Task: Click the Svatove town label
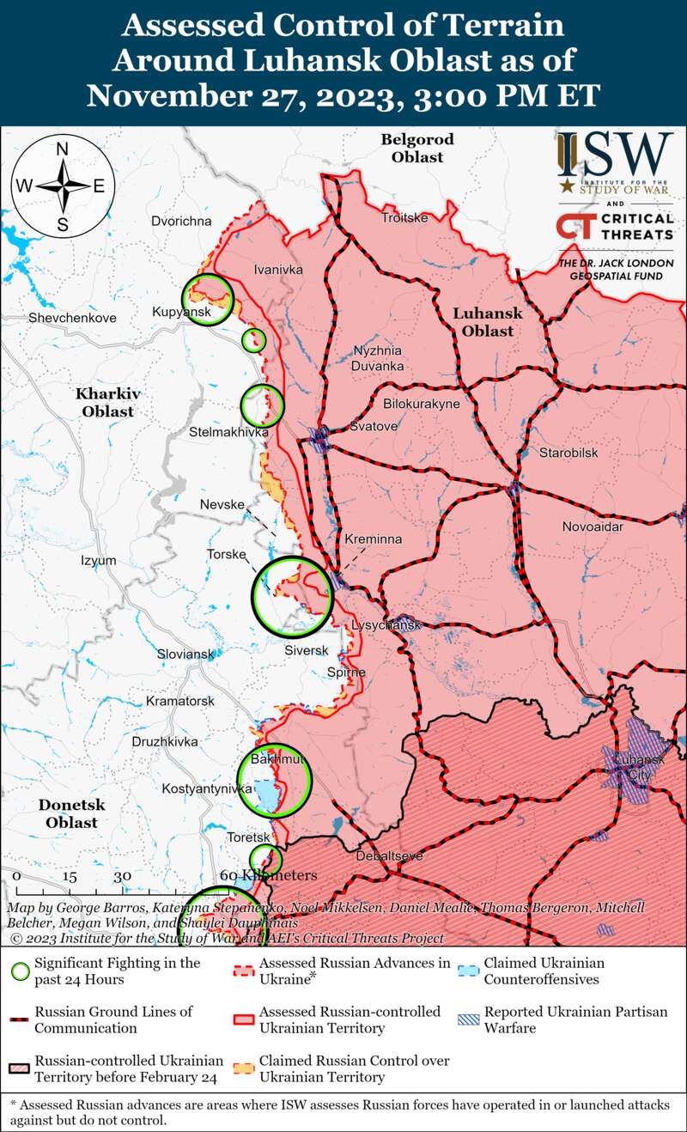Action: [x=374, y=426]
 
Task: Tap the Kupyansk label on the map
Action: [x=180, y=311]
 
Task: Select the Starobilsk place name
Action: [x=568, y=453]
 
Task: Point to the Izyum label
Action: [x=98, y=561]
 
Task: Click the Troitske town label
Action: [x=404, y=218]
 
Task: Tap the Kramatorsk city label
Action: [x=179, y=702]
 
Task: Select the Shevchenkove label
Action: [x=72, y=318]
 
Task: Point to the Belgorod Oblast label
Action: [x=417, y=148]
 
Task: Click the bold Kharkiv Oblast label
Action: [x=108, y=402]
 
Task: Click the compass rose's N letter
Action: [x=62, y=149]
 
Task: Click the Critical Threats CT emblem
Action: [x=574, y=226]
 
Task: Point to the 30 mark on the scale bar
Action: [x=122, y=876]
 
